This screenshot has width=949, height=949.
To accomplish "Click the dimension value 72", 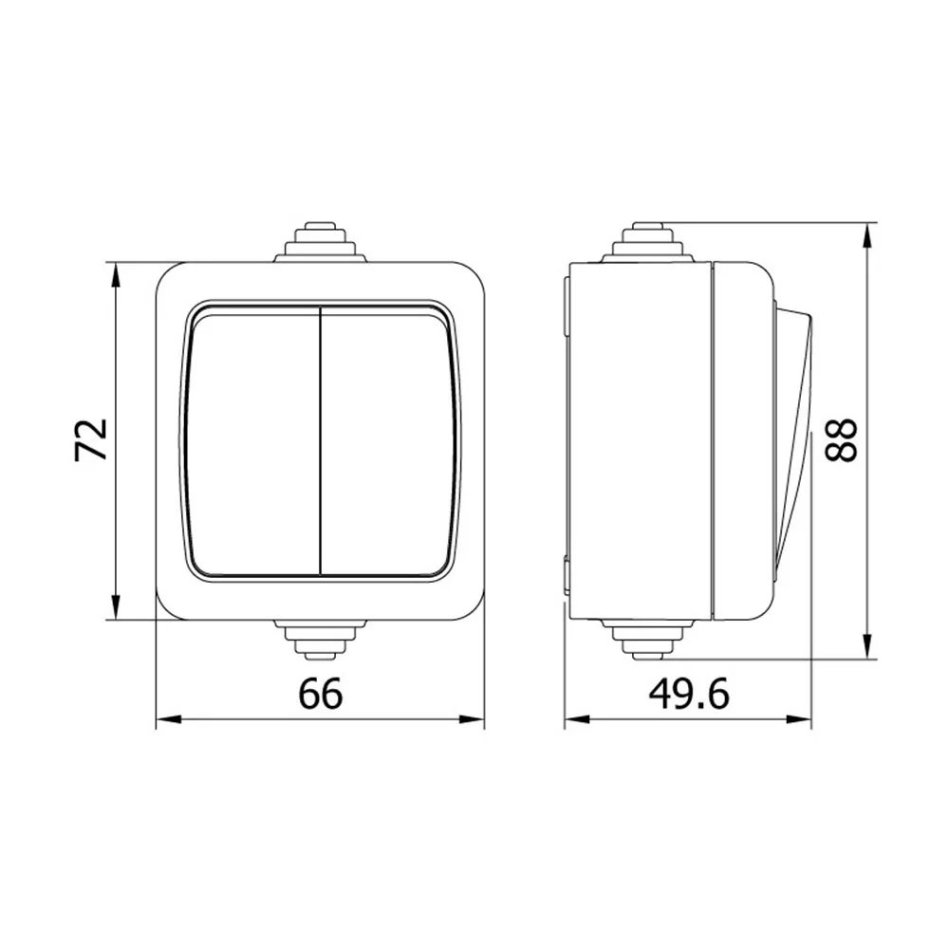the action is click(x=91, y=440).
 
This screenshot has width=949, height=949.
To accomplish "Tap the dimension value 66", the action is click(x=320, y=694).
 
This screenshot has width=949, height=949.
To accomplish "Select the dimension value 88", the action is click(x=841, y=440).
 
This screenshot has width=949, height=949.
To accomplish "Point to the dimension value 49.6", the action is click(x=689, y=694).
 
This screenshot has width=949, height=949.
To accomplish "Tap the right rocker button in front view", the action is click(x=387, y=440).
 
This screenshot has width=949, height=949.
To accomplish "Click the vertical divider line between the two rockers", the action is click(x=320, y=440).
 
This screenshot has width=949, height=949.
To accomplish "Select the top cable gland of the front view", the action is click(x=320, y=243).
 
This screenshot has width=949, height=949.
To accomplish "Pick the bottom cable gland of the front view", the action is click(x=320, y=639).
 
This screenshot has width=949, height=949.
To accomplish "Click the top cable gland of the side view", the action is click(x=647, y=243).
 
